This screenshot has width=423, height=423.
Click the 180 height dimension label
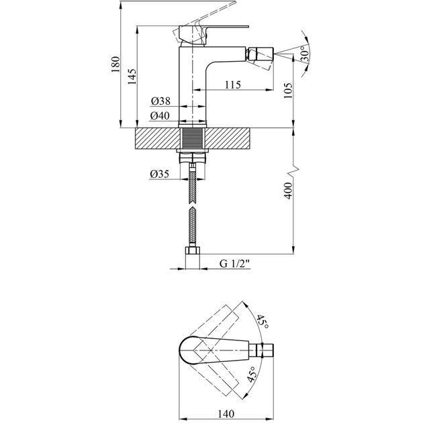click(x=115, y=64)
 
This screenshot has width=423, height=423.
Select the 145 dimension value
click(x=132, y=77)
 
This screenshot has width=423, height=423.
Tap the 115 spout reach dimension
click(x=233, y=85)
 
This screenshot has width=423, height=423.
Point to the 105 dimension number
click(x=288, y=91)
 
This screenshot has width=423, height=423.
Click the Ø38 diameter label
click(x=160, y=101)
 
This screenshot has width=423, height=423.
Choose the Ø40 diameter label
click(x=160, y=115)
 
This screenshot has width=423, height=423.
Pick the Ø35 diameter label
click(x=159, y=174)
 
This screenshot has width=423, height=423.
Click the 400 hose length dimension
click(x=288, y=191)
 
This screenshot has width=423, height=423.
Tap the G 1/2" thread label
click(x=235, y=264)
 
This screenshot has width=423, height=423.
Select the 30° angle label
click(x=305, y=55)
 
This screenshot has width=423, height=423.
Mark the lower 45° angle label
click(x=251, y=374)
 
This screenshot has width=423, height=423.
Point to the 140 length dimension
click(x=226, y=414)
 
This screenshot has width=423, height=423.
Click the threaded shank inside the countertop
click(x=192, y=138)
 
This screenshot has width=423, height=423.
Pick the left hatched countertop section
click(x=157, y=138)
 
